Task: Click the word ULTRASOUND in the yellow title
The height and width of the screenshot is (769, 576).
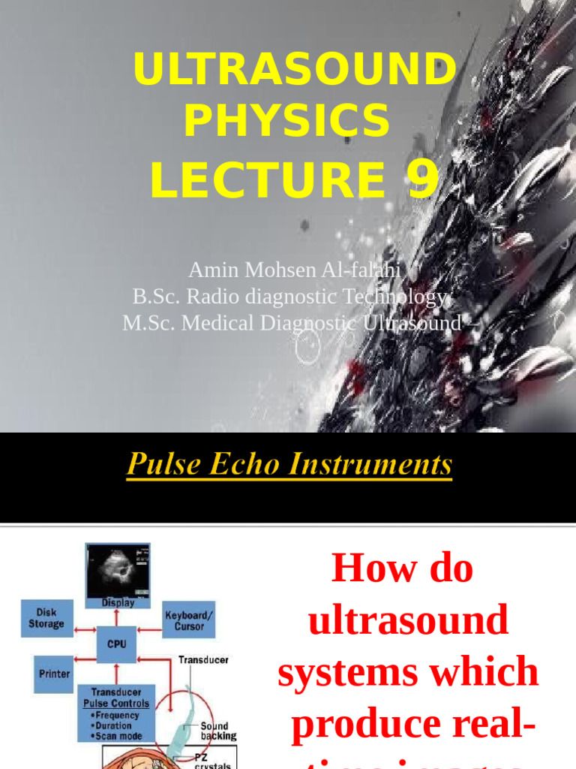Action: point(294,70)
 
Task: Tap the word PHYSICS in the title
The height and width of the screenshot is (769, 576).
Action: point(286,120)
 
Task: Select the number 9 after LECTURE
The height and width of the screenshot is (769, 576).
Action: point(423,179)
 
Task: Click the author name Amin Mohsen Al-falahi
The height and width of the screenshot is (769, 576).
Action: point(294,270)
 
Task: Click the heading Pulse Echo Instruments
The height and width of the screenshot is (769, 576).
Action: point(289,464)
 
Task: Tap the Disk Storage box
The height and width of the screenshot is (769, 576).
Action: point(46,618)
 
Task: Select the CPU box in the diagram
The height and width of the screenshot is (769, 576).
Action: point(116,644)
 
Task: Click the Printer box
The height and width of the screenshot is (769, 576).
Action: point(54,674)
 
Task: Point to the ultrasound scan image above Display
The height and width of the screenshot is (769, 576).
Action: point(118,569)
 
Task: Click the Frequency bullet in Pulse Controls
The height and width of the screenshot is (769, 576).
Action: point(117,716)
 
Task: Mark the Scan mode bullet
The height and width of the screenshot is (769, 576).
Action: point(117,737)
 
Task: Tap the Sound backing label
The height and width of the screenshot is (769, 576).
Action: point(217,731)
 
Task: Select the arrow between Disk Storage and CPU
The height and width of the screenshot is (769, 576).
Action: point(85,632)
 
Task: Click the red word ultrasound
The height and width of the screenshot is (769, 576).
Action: point(409,620)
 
